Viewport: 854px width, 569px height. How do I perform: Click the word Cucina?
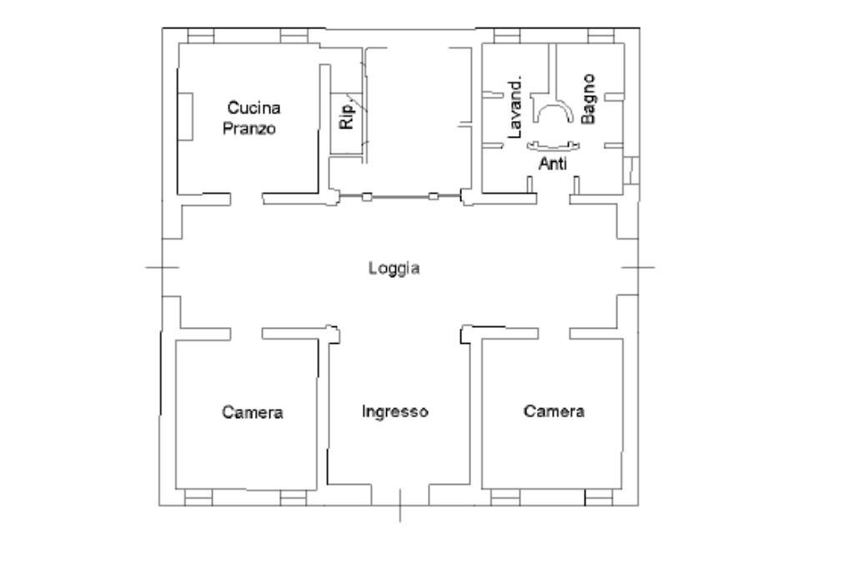254,108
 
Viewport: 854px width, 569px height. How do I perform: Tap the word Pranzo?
254,129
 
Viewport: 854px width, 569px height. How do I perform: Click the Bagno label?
589,99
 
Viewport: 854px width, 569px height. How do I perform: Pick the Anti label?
552,164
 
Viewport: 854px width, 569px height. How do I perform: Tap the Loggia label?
394,269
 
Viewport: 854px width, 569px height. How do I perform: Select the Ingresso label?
395,411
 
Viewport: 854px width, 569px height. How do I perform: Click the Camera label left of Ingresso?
253,412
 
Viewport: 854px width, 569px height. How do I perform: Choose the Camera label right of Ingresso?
554,411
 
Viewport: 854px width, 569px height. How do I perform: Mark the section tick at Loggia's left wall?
162,267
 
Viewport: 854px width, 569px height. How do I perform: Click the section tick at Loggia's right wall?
638,267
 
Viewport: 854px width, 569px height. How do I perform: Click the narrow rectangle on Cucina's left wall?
186,116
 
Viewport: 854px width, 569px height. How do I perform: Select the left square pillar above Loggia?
365,197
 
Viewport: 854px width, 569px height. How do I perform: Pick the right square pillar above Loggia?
433,197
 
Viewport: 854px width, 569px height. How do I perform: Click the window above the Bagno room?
600,36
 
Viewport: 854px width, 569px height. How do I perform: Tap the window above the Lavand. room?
507,36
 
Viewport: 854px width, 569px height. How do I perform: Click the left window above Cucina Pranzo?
200,36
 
